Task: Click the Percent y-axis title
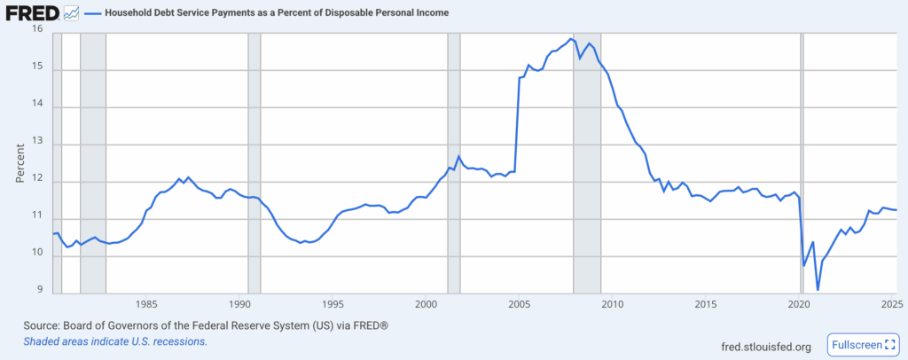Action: click(x=20, y=162)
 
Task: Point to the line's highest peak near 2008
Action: click(x=568, y=39)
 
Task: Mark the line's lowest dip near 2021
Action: click(x=818, y=289)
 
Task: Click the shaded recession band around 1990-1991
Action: click(x=254, y=160)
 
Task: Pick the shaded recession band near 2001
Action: click(x=454, y=160)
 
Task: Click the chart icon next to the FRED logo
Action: click(x=71, y=13)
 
